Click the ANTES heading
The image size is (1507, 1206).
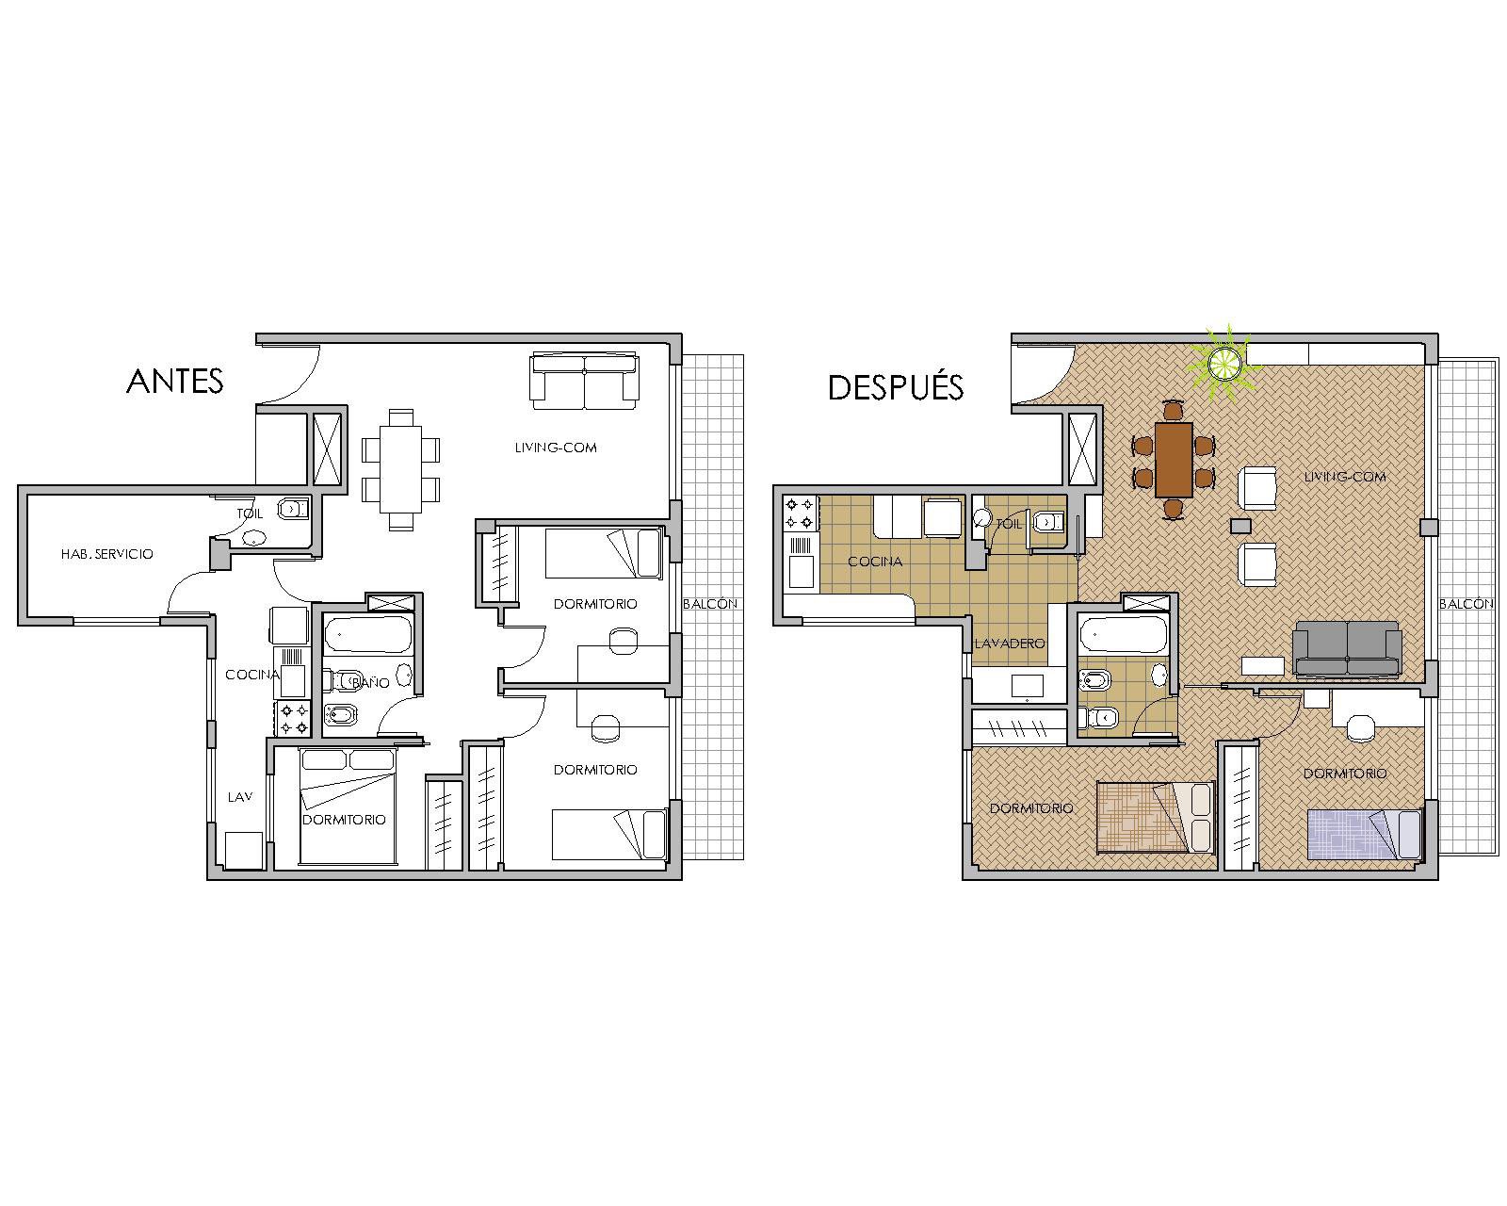174,382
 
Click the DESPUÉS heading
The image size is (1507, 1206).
896,386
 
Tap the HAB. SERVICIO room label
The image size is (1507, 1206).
107,554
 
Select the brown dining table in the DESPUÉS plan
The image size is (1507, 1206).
1174,459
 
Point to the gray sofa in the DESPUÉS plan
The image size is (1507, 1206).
1347,648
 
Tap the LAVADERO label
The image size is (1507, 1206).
1010,644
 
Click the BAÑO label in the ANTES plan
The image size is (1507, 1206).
370,682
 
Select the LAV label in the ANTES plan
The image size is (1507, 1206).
240,797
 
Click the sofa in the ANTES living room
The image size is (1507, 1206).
585,381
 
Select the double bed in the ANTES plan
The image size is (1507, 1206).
348,806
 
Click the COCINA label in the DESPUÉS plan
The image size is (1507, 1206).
875,562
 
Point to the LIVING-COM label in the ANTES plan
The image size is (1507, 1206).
556,448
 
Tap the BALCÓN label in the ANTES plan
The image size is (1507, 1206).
710,603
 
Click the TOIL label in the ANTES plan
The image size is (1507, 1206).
250,513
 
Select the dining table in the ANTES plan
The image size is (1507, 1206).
400,469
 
